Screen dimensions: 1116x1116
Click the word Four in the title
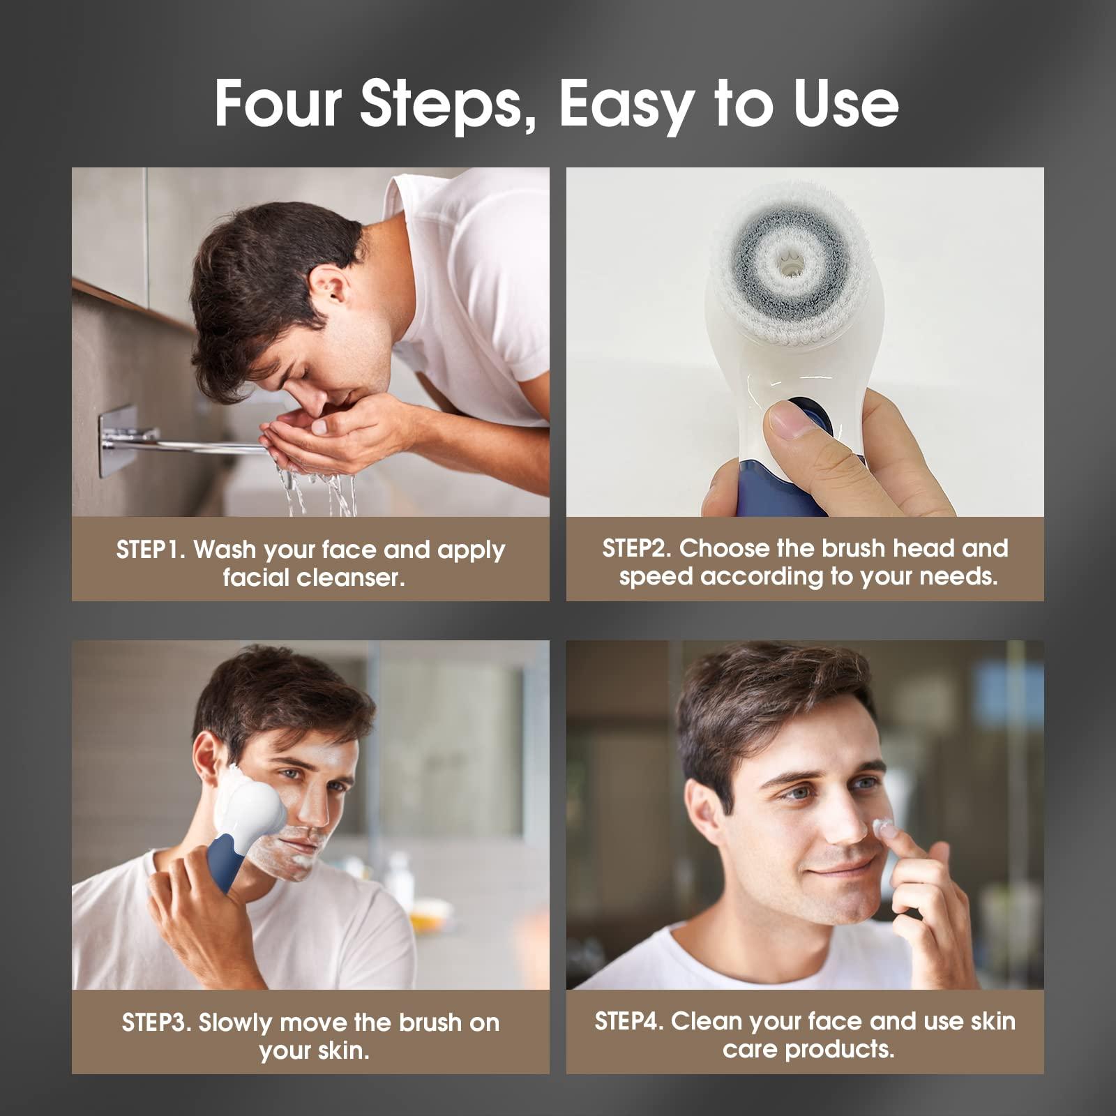[278, 103]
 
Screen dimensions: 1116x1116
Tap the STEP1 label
[149, 550]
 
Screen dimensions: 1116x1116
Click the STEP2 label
[636, 549]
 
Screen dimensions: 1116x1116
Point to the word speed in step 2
[656, 578]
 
